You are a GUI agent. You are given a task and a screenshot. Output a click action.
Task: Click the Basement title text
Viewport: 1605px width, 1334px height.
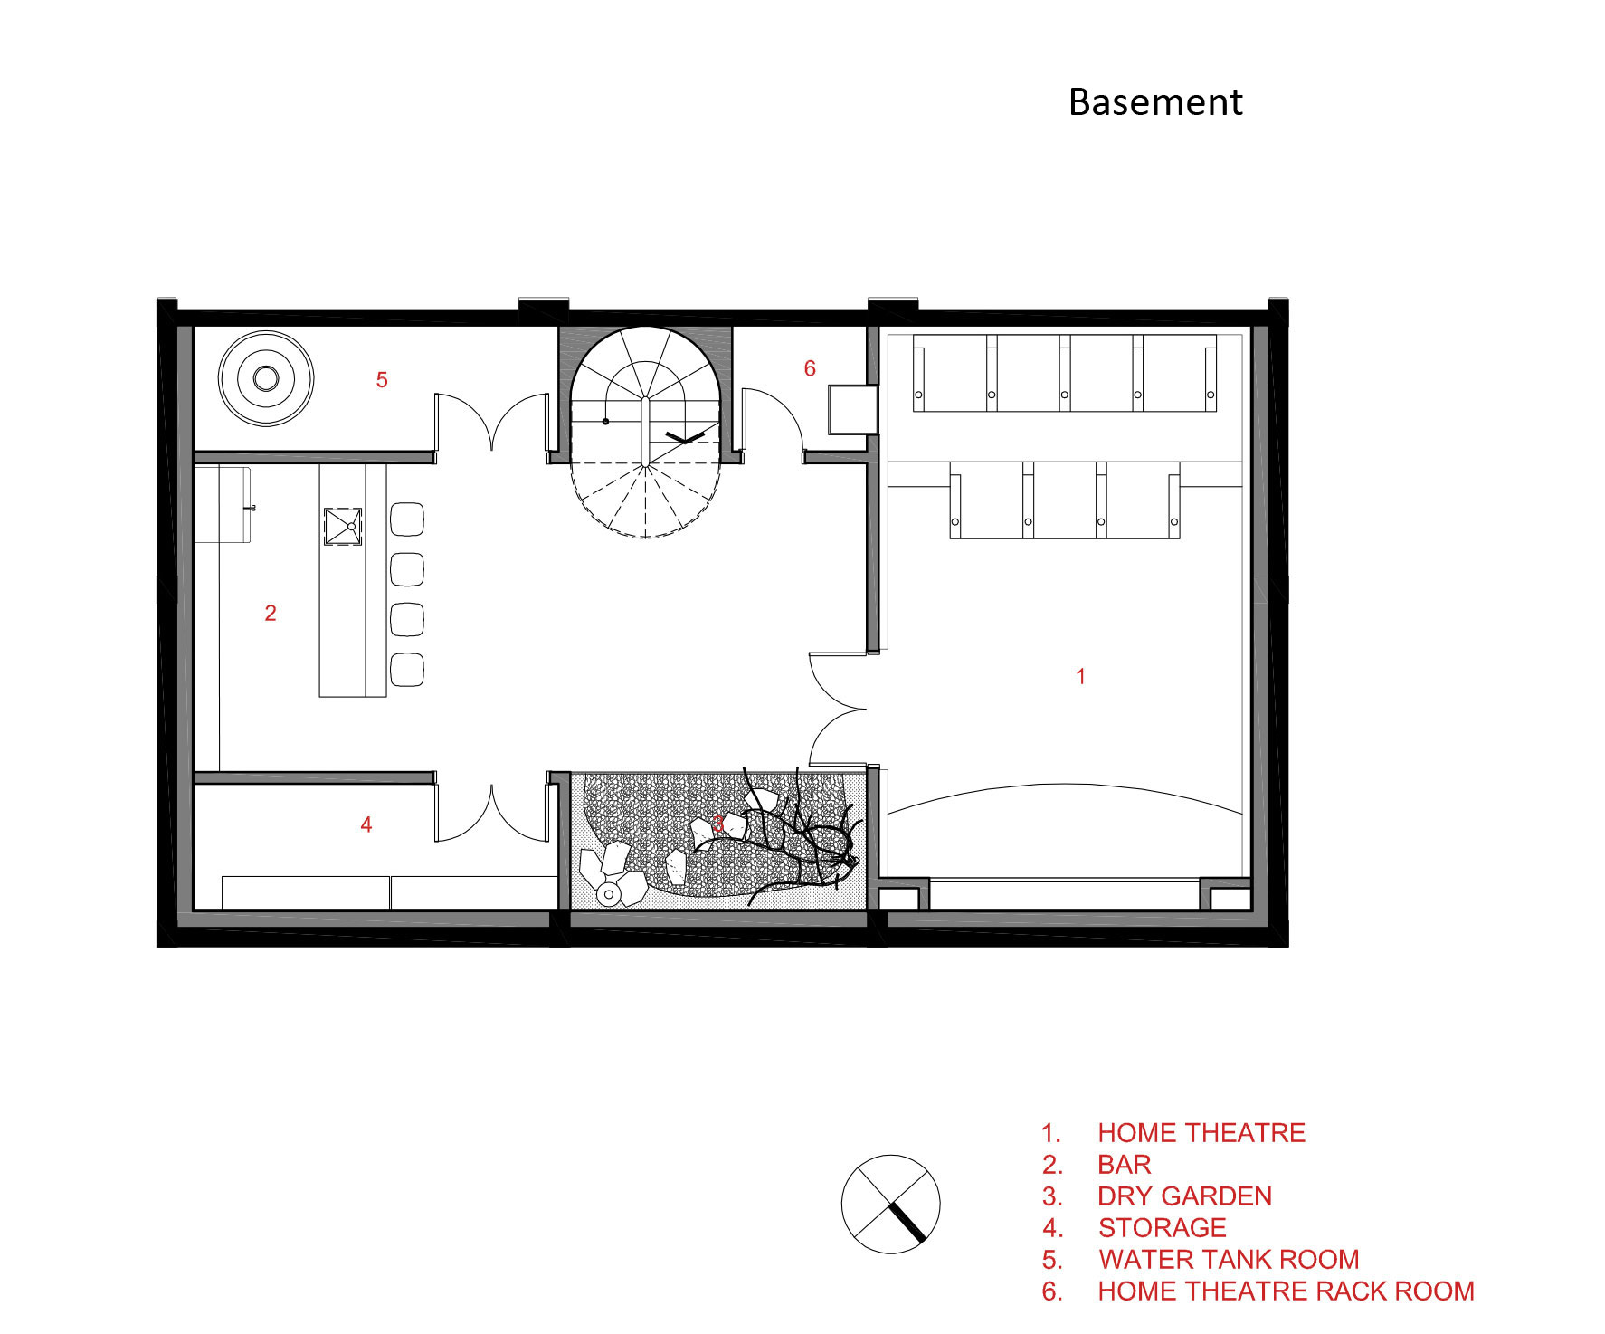tap(1155, 102)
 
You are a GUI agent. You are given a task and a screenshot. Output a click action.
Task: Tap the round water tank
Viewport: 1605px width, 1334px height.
tap(266, 378)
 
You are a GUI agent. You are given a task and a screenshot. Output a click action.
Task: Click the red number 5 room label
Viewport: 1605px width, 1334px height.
tap(382, 380)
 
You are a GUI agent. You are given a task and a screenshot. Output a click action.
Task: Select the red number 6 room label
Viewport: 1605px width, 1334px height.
tap(810, 368)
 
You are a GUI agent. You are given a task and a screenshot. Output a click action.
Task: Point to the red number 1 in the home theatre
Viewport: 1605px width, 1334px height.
tap(1080, 676)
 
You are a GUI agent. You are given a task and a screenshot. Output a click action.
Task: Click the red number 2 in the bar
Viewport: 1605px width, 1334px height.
tap(271, 613)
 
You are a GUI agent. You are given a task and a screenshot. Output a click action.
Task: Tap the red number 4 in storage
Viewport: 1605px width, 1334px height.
tap(366, 824)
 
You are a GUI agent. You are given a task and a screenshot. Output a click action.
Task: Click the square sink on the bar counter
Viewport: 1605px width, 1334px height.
tap(343, 527)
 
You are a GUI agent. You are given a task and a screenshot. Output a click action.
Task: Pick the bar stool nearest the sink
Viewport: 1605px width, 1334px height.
tap(407, 519)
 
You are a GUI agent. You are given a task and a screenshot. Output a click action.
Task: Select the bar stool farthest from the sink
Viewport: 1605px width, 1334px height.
tap(407, 669)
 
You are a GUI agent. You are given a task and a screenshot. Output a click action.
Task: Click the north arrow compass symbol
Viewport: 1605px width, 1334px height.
tap(891, 1204)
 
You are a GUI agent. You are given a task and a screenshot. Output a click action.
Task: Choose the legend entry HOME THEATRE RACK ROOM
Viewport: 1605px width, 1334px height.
tap(1286, 1291)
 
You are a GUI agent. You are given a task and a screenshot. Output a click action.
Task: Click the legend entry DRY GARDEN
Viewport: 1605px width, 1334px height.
tap(1184, 1196)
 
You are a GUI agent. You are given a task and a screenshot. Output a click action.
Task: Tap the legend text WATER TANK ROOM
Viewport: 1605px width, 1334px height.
tap(1229, 1260)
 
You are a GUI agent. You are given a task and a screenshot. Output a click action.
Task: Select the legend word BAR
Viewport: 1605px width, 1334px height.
tap(1125, 1165)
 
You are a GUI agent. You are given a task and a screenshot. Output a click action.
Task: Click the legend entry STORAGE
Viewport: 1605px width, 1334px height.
tap(1163, 1228)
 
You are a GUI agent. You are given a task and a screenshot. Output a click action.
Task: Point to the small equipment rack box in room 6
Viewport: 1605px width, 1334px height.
tap(852, 409)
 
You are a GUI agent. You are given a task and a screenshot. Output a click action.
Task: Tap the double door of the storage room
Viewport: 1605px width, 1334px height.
tap(492, 813)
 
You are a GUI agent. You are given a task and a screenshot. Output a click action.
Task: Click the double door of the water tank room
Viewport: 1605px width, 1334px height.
tap(492, 421)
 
